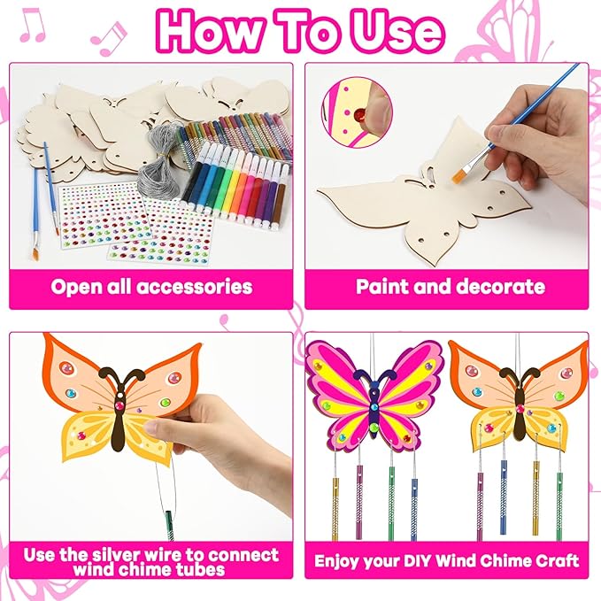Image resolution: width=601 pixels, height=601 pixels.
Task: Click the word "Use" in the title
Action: pyautogui.click(x=390, y=31)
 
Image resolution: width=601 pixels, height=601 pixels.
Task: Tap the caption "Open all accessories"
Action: pyautogui.click(x=151, y=287)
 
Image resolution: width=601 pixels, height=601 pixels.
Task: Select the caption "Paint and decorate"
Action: pyautogui.click(x=450, y=287)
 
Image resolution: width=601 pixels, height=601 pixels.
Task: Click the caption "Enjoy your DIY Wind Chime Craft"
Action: pyautogui.click(x=450, y=560)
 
